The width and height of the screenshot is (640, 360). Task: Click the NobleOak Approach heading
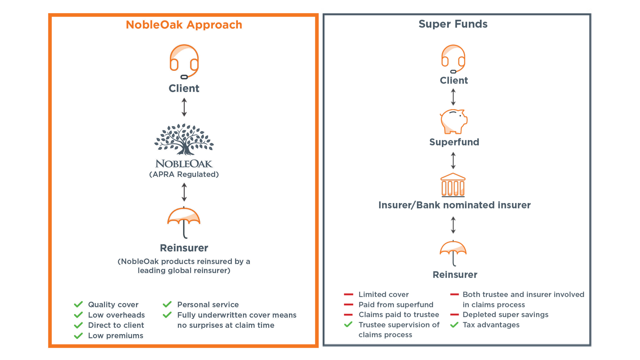pyautogui.click(x=184, y=25)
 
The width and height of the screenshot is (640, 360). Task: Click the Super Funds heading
pyautogui.click(x=453, y=24)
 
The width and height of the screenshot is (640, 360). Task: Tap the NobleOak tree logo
pyautogui.click(x=184, y=139)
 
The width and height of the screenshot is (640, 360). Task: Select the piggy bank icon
pyautogui.click(x=454, y=121)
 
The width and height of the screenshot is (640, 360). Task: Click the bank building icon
pyautogui.click(x=453, y=185)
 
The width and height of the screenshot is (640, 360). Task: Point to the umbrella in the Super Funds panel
pyautogui.click(x=453, y=253)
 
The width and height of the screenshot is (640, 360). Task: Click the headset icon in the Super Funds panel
pyautogui.click(x=453, y=59)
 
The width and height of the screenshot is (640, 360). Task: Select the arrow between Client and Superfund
pyautogui.click(x=453, y=97)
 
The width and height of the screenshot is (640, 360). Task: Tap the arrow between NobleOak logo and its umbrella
pyautogui.click(x=184, y=192)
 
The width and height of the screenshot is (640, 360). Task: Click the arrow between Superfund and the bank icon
pyautogui.click(x=453, y=160)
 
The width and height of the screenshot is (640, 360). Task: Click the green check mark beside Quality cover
pyautogui.click(x=78, y=304)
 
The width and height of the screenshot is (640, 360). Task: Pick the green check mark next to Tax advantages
pyautogui.click(x=454, y=325)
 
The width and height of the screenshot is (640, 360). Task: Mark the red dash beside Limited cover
pyautogui.click(x=349, y=294)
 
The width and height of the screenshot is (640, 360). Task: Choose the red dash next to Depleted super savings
pyautogui.click(x=454, y=314)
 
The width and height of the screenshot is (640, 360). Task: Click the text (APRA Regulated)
pyautogui.click(x=184, y=174)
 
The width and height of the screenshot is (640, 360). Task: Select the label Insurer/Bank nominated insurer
pyautogui.click(x=454, y=205)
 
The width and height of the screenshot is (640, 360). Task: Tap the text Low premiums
pyautogui.click(x=115, y=336)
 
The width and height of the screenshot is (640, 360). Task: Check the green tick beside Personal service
pyautogui.click(x=167, y=304)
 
